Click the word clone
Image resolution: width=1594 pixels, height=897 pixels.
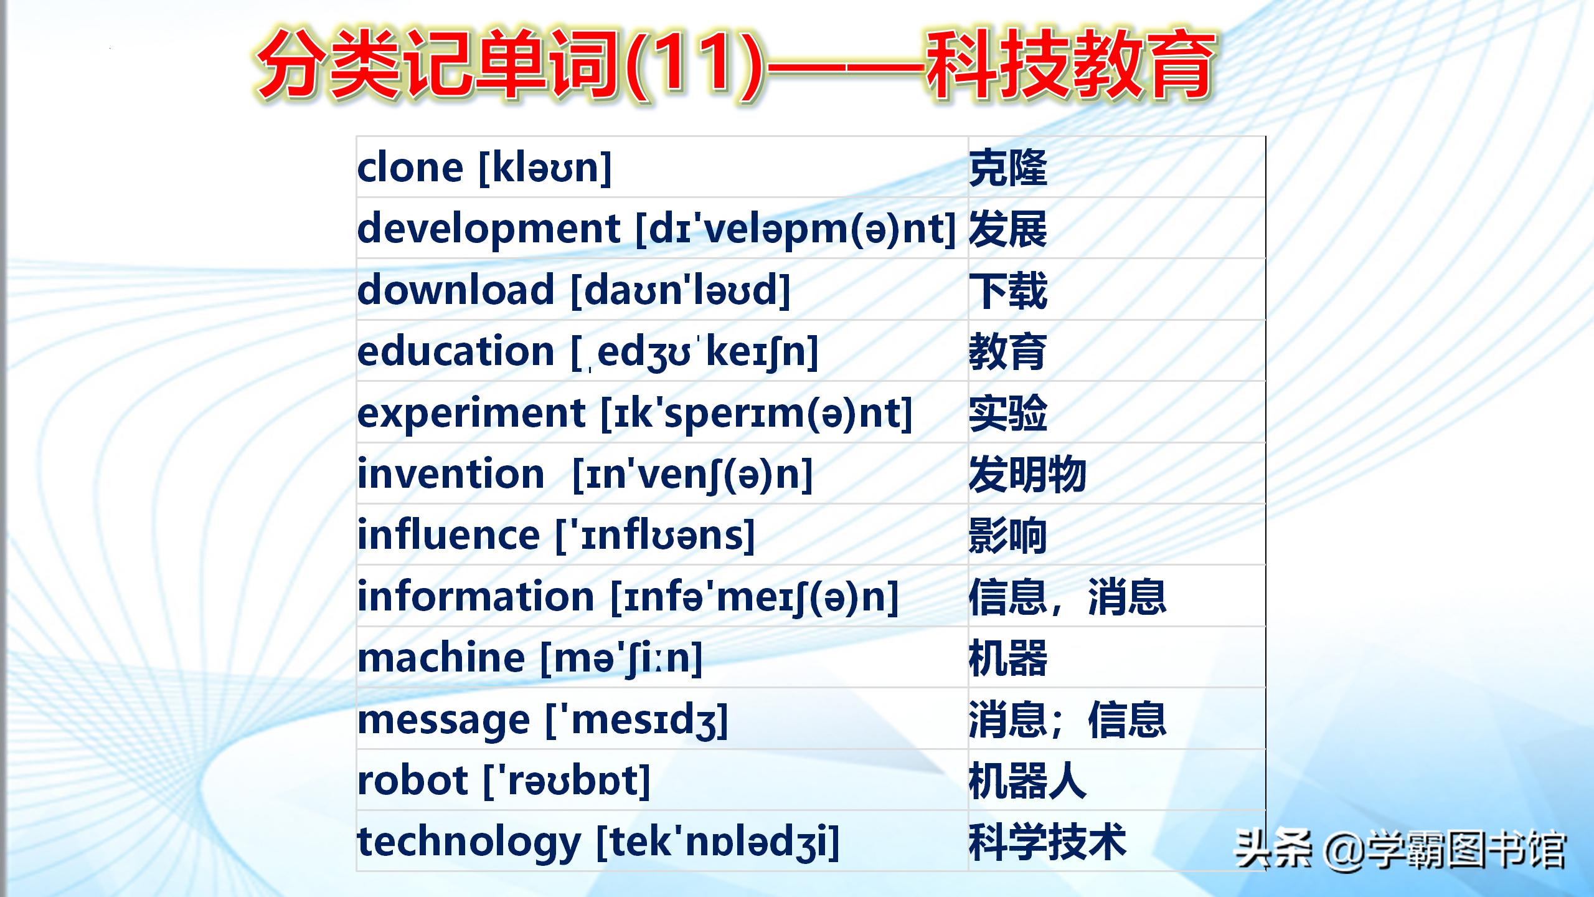pyautogui.click(x=410, y=168)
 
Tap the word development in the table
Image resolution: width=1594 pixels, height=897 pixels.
pyautogui.click(x=489, y=229)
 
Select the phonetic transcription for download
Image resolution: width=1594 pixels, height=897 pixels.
pyautogui.click(x=681, y=291)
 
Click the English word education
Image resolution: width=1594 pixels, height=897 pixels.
pyautogui.click(x=456, y=351)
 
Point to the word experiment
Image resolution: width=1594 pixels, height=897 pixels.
pyautogui.click(x=472, y=414)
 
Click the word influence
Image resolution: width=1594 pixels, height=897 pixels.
pyautogui.click(x=448, y=535)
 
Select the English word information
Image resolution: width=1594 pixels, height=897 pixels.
pyautogui.click(x=476, y=596)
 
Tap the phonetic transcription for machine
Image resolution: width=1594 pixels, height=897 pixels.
pyautogui.click(x=621, y=658)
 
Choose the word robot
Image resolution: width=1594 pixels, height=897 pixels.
pyautogui.click(x=413, y=781)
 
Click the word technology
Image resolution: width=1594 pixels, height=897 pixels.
pyautogui.click(x=469, y=843)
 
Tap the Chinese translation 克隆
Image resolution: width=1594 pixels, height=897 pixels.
pyautogui.click(x=1008, y=168)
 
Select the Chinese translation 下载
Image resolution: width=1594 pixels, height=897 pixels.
pyautogui.click(x=1008, y=291)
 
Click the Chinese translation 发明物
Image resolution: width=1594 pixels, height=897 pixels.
pyautogui.click(x=1028, y=475)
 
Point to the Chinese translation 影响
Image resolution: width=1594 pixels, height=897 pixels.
pyautogui.click(x=1008, y=536)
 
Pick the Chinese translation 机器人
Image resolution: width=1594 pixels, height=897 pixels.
pyautogui.click(x=1028, y=781)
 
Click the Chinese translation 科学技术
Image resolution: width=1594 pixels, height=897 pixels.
pyautogui.click(x=1048, y=842)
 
